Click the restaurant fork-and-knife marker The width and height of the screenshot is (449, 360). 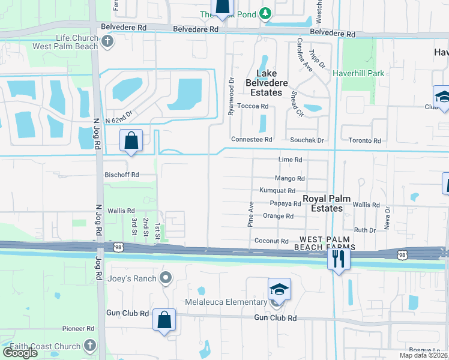(339, 259)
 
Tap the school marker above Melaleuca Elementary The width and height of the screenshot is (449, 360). (279, 289)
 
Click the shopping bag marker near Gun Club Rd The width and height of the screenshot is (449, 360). (164, 320)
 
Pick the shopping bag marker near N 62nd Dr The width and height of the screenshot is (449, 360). (131, 141)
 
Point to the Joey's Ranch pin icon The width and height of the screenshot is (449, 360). (165, 278)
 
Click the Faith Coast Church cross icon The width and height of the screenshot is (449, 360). (89, 346)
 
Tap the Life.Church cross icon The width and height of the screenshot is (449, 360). (107, 41)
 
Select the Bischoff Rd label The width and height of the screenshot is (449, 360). (122, 175)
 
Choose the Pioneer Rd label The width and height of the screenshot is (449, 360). (79, 329)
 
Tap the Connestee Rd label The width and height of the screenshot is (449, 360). (252, 139)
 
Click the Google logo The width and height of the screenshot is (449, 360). (20, 352)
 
